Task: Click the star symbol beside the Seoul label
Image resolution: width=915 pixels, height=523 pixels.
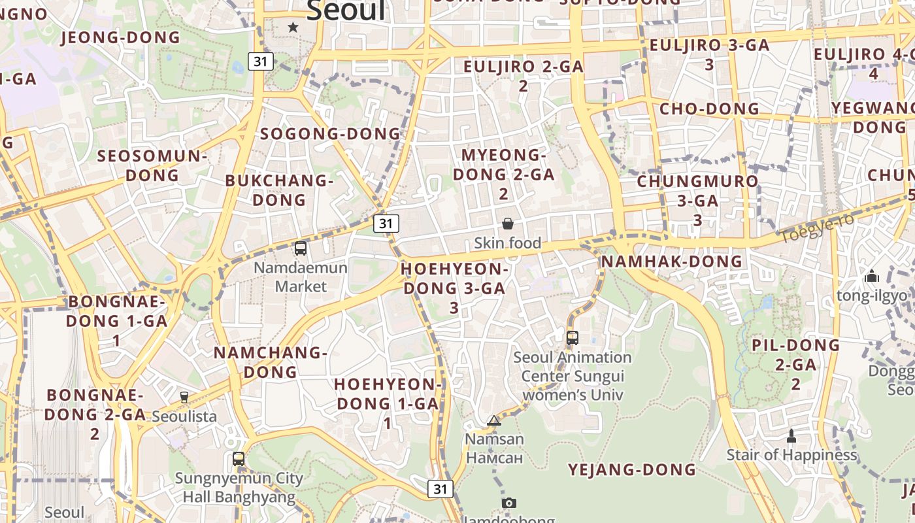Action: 293,27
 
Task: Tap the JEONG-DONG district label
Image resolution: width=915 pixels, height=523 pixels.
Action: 120,37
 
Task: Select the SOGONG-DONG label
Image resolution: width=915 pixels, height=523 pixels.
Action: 330,134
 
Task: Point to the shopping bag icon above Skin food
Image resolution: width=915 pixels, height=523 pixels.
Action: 508,224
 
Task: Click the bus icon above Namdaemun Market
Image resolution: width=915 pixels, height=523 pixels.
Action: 301,248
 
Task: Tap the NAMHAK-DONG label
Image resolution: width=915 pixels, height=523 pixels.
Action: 671,261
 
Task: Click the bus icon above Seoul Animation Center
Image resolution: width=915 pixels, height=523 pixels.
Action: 573,338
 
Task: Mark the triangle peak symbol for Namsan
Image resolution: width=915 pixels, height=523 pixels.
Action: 494,420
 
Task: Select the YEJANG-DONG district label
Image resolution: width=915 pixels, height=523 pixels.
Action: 632,469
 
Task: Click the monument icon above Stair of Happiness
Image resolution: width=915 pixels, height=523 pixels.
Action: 791,435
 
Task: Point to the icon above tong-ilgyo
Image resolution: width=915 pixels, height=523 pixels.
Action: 872,277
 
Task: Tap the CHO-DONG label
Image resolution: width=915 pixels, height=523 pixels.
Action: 709,109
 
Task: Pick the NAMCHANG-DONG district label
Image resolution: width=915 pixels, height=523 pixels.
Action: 271,362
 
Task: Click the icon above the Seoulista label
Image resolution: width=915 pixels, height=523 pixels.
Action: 184,397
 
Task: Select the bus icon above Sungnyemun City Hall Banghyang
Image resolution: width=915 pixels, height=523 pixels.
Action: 239,459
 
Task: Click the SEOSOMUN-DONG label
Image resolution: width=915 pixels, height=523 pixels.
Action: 152,165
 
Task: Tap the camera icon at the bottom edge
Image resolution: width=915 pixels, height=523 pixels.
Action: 509,503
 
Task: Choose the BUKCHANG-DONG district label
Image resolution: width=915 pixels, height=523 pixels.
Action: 279,190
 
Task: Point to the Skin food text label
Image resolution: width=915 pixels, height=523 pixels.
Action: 508,243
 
